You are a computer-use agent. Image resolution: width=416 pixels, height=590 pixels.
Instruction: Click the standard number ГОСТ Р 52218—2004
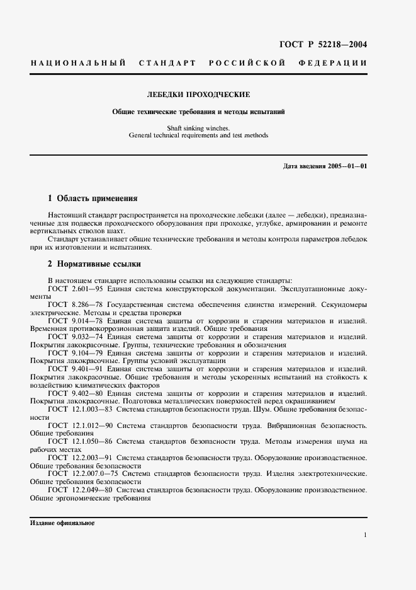click(322, 45)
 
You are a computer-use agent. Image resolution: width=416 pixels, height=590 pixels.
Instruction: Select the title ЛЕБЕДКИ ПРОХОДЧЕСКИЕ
click(198, 95)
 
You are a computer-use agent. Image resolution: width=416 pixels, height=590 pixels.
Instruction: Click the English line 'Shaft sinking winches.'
click(198, 127)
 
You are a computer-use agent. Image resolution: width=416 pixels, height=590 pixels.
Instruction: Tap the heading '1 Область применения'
click(93, 198)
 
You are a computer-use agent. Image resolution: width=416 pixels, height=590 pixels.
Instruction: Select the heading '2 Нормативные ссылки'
click(94, 263)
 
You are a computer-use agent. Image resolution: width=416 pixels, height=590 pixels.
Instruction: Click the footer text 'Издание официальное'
click(62, 523)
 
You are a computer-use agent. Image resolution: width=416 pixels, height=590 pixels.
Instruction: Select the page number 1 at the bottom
click(365, 536)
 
